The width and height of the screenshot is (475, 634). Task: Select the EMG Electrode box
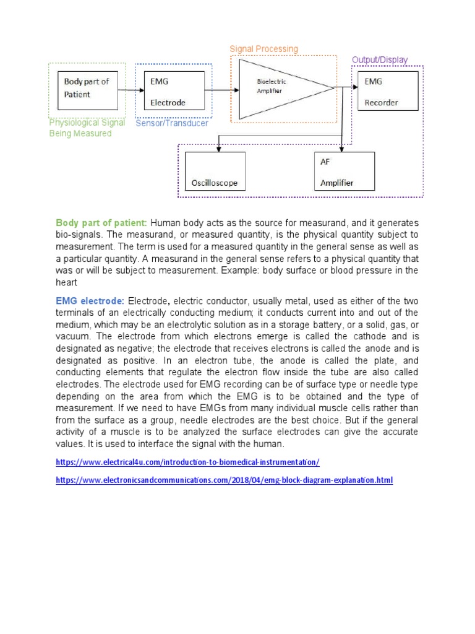pyautogui.click(x=173, y=90)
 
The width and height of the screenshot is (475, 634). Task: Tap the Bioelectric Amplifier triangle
pyautogui.click(x=278, y=87)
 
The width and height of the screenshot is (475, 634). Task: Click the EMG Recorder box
pyautogui.click(x=387, y=90)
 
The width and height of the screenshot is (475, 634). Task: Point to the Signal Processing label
pyautogui.click(x=263, y=49)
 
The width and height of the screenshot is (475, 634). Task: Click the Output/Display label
pyautogui.click(x=380, y=60)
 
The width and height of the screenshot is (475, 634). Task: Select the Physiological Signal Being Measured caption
pyautogui.click(x=87, y=128)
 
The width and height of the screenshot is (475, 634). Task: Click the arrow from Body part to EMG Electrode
pyautogui.click(x=131, y=90)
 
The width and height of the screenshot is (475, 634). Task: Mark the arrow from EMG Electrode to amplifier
pyautogui.click(x=222, y=90)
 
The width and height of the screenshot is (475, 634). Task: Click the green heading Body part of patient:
pyautogui.click(x=101, y=223)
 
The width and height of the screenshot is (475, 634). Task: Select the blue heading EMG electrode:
pyautogui.click(x=90, y=300)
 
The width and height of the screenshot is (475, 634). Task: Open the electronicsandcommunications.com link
pyautogui.click(x=224, y=480)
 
